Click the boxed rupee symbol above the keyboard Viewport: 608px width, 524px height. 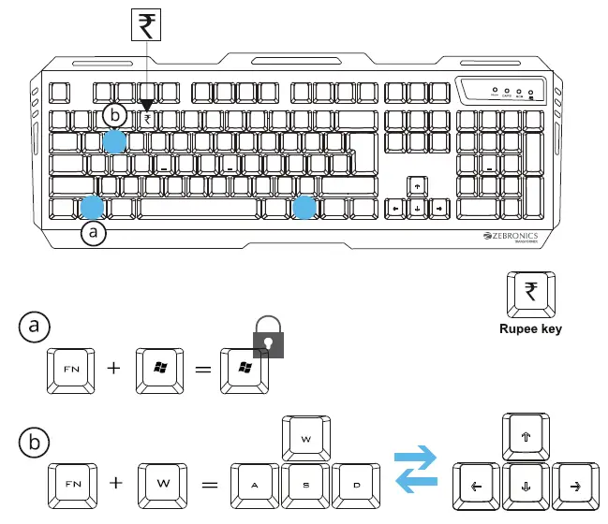147,25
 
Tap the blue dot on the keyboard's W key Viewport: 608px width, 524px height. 113,142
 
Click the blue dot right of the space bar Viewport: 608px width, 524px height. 303,207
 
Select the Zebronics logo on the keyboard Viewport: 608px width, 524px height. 513,238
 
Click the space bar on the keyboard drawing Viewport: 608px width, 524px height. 200,208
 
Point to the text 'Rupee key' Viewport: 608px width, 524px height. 531,329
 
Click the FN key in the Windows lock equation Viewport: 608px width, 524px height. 71,369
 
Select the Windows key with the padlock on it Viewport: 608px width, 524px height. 243,369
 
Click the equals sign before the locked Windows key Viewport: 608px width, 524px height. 200,369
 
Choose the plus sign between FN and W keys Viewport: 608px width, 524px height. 116,484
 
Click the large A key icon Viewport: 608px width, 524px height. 256,485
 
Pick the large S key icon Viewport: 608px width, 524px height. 305,485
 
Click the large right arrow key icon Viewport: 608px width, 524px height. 574,485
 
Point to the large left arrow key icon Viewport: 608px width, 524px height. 476,485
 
